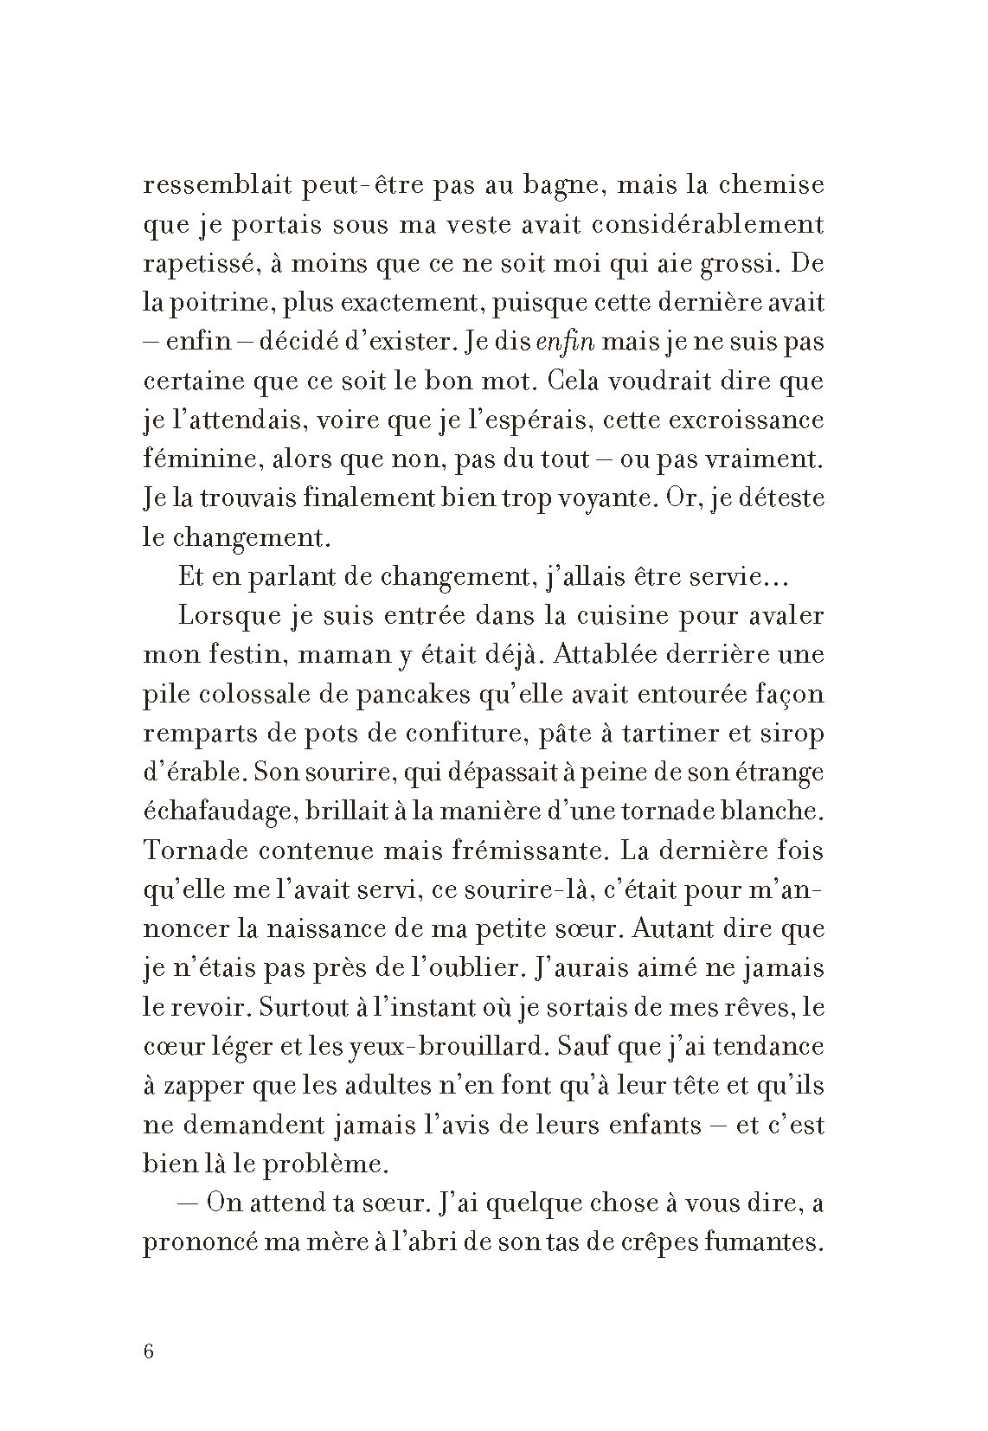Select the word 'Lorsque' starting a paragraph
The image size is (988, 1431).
224,616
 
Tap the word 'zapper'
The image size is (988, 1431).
205,1085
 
